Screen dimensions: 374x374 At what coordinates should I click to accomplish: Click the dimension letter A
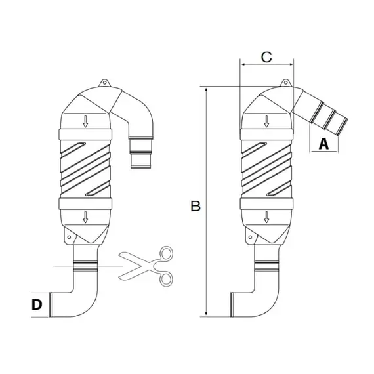coord(323,144)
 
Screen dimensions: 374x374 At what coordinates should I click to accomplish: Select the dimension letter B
coord(195,206)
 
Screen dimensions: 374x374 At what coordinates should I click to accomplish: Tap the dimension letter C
coord(266,57)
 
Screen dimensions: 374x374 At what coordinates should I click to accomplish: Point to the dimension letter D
coord(38,304)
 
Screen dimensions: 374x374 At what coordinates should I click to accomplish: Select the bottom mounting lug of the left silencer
coord(68,234)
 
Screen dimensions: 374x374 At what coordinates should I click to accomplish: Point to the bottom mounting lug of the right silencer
coord(249,234)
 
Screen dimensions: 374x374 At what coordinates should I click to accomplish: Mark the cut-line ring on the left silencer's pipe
coord(86,266)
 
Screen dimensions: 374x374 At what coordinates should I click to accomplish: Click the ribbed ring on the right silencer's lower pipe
coord(266,266)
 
